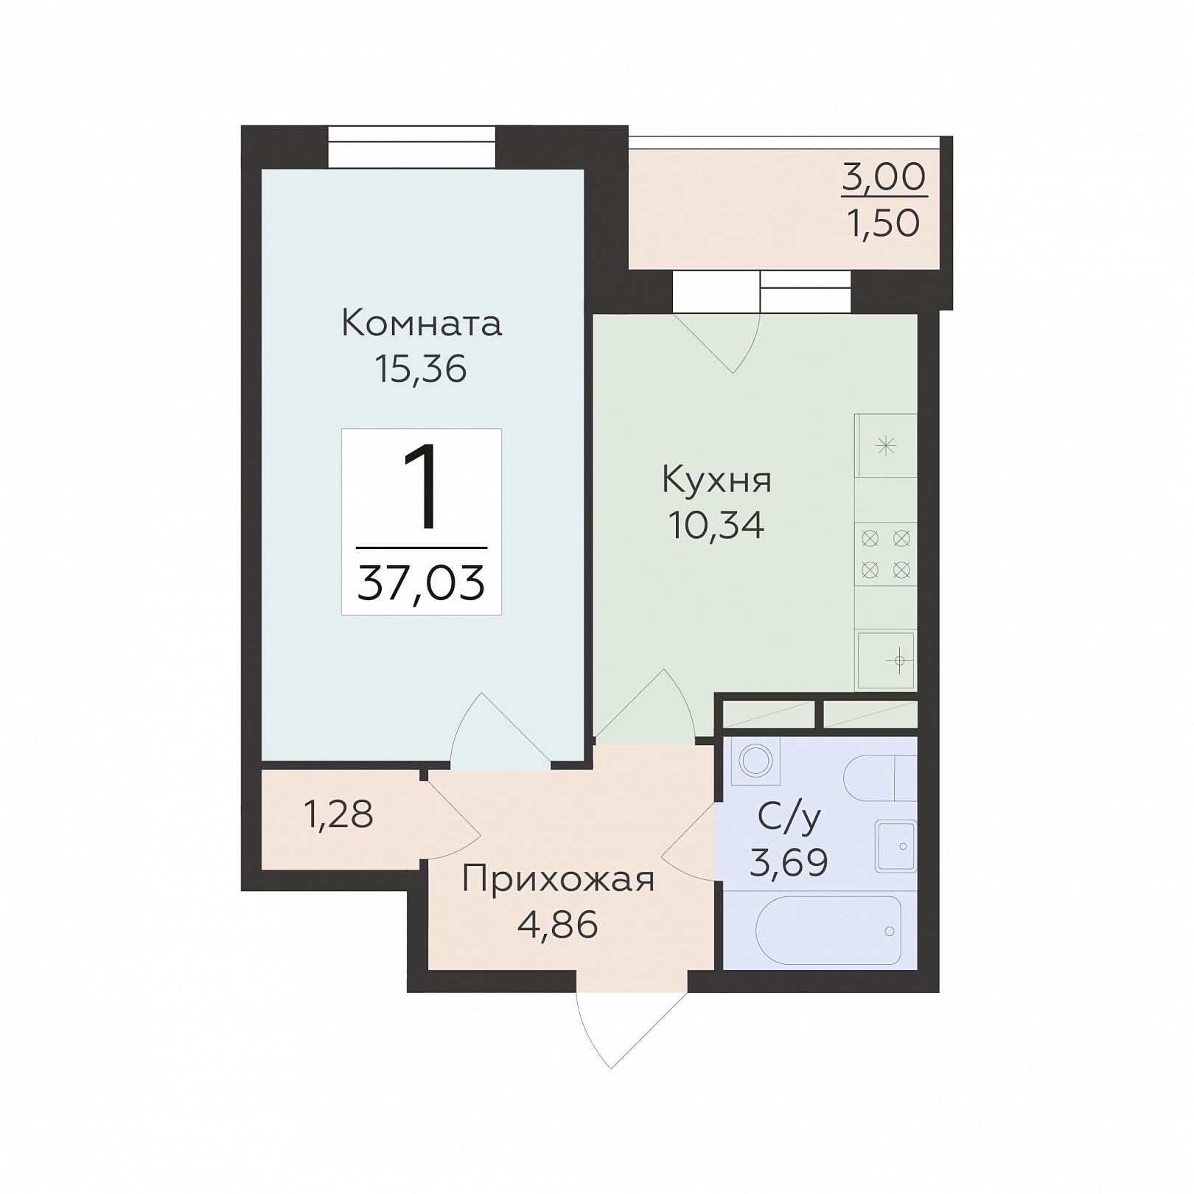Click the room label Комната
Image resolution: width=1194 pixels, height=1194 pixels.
(x=422, y=324)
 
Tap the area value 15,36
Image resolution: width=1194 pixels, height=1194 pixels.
(x=421, y=369)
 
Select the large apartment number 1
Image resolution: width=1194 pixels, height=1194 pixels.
(x=422, y=487)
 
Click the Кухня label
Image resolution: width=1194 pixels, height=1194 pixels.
(x=717, y=481)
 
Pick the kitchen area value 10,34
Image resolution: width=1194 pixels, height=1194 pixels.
(x=716, y=525)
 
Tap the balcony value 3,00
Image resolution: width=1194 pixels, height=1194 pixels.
(x=884, y=178)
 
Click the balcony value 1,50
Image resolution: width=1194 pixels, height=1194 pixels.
(x=884, y=223)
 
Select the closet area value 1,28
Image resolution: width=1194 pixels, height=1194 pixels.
(x=339, y=814)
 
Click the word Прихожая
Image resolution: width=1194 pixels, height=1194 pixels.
(x=558, y=879)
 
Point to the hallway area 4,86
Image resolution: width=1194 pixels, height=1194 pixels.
(x=558, y=925)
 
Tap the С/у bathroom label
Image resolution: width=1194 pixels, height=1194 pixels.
(x=789, y=817)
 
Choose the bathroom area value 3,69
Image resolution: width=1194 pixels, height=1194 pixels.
(x=789, y=862)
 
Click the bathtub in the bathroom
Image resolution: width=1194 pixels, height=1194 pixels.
(x=828, y=930)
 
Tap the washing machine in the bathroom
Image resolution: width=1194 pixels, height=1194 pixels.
(x=755, y=761)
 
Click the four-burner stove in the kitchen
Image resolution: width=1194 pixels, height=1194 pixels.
(x=886, y=554)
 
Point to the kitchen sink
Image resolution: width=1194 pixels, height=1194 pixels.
(x=886, y=660)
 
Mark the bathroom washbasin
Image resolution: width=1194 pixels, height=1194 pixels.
(x=896, y=846)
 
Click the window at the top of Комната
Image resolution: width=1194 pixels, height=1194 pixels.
(x=411, y=147)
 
